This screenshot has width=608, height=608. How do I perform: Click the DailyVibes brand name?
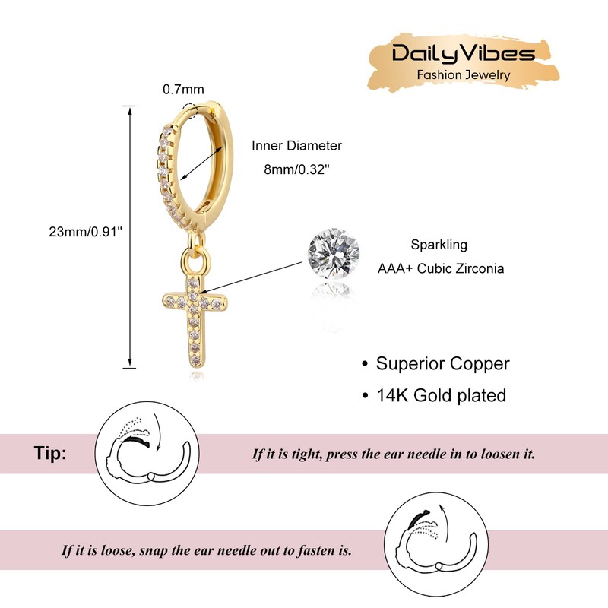464,53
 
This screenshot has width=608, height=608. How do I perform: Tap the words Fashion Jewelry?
464,74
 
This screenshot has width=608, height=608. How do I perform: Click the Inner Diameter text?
297,145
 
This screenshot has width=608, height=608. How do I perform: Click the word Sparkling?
439,245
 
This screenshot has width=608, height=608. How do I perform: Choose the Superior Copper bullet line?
435,363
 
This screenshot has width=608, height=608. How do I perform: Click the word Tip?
50,454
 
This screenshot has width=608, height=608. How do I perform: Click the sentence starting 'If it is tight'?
394,454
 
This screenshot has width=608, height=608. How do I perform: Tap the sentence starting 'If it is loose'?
207,549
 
